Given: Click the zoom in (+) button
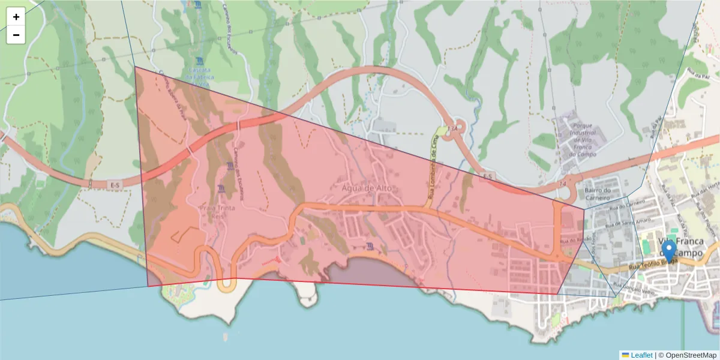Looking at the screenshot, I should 16,17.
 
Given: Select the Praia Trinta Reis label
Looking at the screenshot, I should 217,211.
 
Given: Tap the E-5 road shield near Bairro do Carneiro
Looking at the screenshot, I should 487,176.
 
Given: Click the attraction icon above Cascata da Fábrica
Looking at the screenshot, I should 199,61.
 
